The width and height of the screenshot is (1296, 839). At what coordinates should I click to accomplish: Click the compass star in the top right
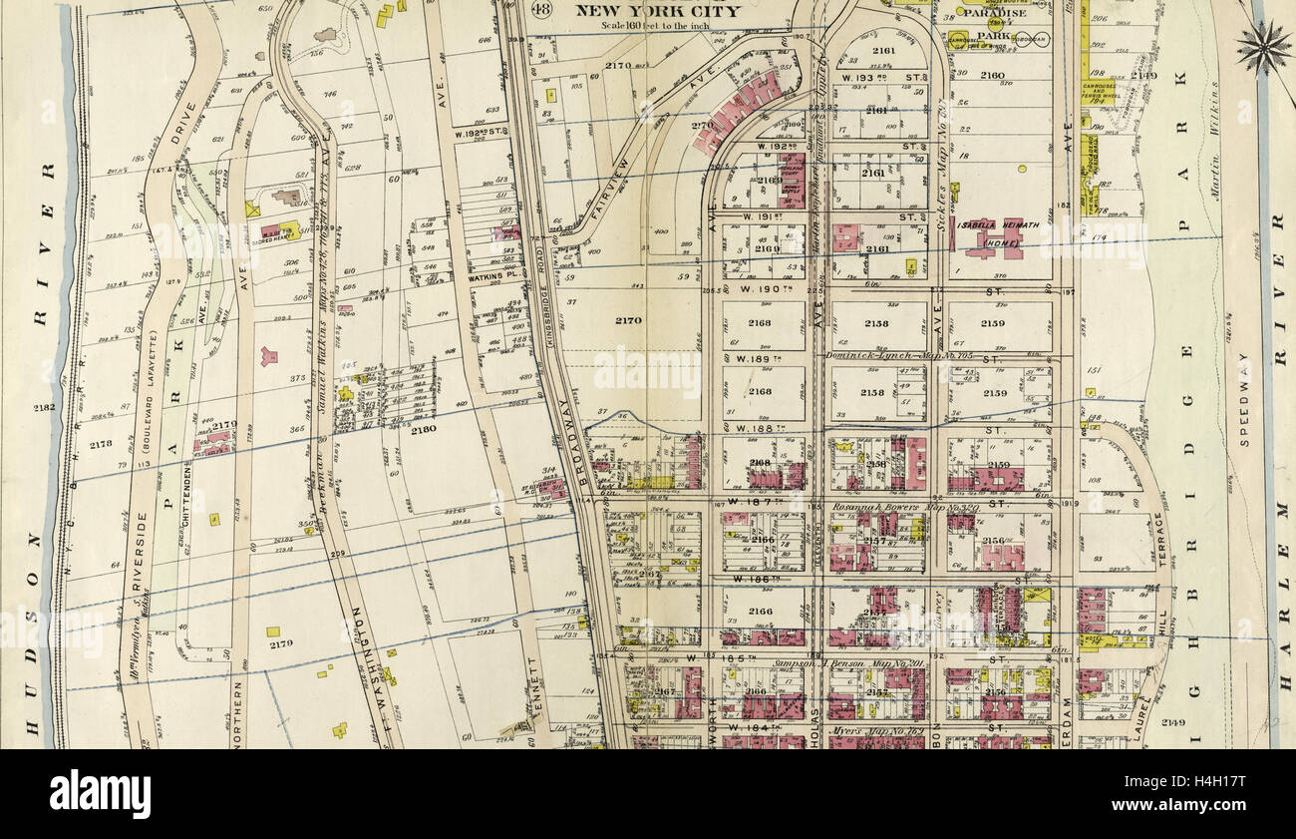(x=1263, y=47)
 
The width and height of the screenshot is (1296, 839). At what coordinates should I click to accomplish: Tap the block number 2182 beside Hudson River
(x=43, y=408)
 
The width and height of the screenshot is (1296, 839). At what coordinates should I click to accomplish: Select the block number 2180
(x=424, y=430)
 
